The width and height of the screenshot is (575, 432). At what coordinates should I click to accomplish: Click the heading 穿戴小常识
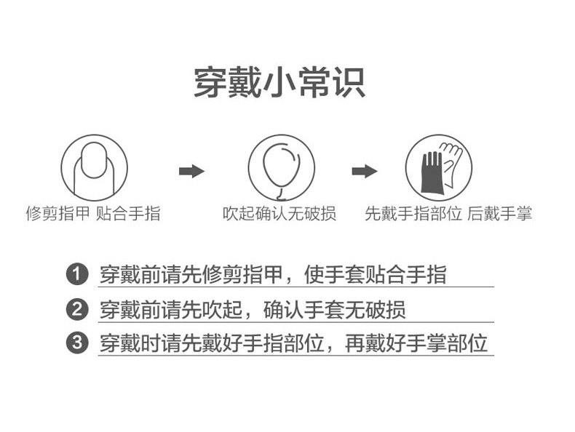(x=279, y=82)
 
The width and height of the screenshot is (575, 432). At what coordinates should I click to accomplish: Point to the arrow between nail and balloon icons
(x=191, y=171)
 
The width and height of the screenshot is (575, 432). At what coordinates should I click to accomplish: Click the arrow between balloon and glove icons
(x=364, y=171)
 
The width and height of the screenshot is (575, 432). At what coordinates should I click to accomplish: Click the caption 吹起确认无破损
(x=279, y=214)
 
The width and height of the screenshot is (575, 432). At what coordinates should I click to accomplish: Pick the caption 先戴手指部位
(x=413, y=214)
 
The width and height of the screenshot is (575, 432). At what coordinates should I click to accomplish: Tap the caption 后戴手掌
(x=500, y=214)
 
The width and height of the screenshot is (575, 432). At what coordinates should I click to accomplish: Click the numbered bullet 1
(x=77, y=275)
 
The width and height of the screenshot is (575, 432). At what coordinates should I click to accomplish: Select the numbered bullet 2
(x=77, y=309)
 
